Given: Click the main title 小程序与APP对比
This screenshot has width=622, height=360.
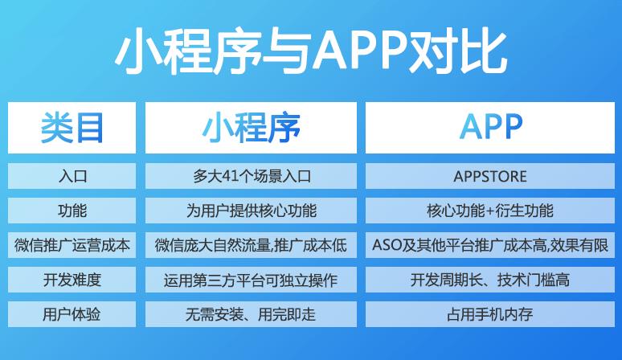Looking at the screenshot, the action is [x=311, y=51].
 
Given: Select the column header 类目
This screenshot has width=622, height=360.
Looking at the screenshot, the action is [x=72, y=127].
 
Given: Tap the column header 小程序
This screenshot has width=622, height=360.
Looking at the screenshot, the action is [x=251, y=127].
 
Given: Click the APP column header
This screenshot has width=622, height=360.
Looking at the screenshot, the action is [x=491, y=127].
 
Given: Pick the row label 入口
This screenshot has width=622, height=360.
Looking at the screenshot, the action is [x=72, y=176].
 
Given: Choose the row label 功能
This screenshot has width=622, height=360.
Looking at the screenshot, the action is [x=72, y=211].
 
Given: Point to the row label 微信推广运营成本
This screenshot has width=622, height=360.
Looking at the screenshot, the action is [x=72, y=245].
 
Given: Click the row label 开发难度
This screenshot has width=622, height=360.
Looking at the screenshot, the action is [x=72, y=280].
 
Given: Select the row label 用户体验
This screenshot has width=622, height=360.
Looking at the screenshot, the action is [x=72, y=314].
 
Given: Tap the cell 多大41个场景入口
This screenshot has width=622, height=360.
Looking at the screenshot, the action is [x=252, y=176].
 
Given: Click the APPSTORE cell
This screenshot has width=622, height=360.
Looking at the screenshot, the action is [x=490, y=177].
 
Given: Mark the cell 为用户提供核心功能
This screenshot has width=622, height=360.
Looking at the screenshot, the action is [x=252, y=211].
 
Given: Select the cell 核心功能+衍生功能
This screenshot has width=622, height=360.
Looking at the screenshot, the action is [x=490, y=211].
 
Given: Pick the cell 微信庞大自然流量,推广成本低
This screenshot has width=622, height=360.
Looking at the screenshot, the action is [x=251, y=245].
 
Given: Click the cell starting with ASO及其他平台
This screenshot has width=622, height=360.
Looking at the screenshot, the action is [x=490, y=245].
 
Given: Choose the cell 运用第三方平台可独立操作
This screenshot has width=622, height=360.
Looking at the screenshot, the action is [x=251, y=280].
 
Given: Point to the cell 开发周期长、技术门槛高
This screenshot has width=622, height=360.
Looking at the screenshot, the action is [x=490, y=280].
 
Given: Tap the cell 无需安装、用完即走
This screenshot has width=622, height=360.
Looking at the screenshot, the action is [x=251, y=314].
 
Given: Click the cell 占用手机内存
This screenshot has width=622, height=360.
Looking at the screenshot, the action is [x=490, y=314].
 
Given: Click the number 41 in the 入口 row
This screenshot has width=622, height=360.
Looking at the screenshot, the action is [x=229, y=176].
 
